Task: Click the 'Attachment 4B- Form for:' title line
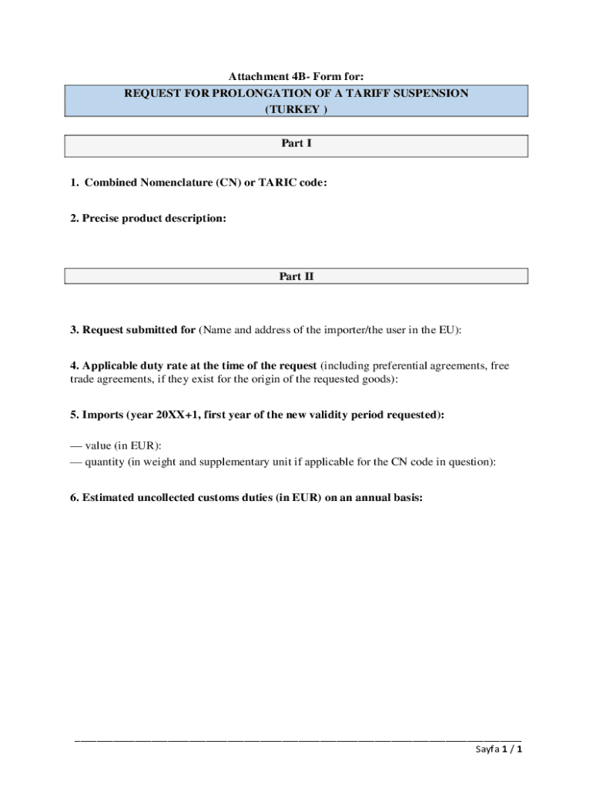click(296, 76)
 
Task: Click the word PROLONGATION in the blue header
click(236, 93)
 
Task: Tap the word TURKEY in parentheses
click(296, 109)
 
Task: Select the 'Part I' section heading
click(296, 143)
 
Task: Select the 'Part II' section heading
click(296, 276)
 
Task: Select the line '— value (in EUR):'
click(116, 446)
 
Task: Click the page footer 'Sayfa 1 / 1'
click(498, 750)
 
